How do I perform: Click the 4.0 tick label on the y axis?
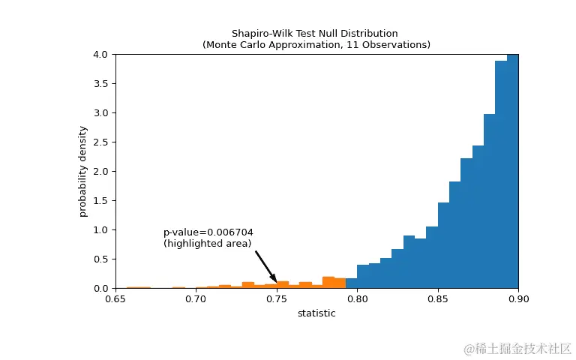tap(101, 55)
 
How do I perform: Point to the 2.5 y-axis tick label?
tap(101, 142)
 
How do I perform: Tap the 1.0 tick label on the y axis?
tap(101, 230)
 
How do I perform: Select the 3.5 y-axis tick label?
tap(101, 84)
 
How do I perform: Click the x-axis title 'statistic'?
tap(316, 313)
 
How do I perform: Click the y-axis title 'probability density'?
tap(83, 171)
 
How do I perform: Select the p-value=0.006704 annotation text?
tap(208, 232)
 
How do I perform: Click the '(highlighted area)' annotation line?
tap(208, 244)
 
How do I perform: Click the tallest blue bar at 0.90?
tap(512, 172)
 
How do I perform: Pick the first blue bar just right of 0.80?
tap(363, 277)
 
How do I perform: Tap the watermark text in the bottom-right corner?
tap(517, 349)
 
